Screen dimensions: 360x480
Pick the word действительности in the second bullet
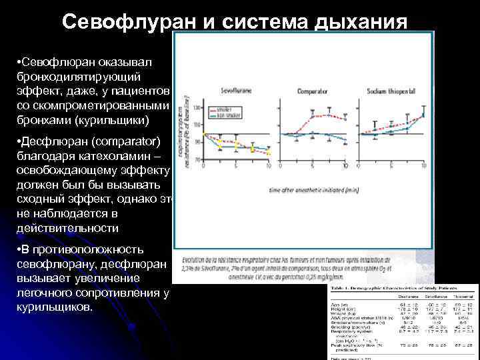67,228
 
